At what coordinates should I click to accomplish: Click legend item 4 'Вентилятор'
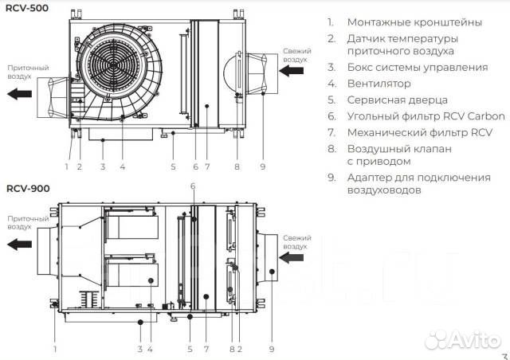pos(379,84)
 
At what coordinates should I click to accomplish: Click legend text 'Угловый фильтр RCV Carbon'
pos(426,116)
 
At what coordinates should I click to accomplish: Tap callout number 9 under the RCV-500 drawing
pos(261,166)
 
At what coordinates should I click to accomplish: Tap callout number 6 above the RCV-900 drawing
pos(192,186)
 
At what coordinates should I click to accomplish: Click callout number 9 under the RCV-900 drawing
pos(272,348)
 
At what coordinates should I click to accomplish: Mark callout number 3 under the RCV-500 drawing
pos(102,166)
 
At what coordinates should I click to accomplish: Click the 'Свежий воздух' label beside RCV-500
pos(297,54)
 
